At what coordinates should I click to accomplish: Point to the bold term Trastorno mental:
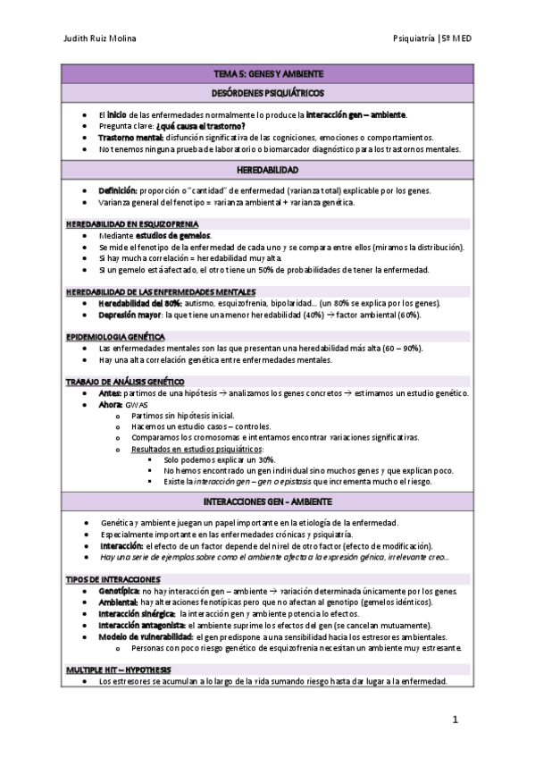(x=130, y=138)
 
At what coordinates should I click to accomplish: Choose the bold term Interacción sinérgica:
(x=137, y=614)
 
